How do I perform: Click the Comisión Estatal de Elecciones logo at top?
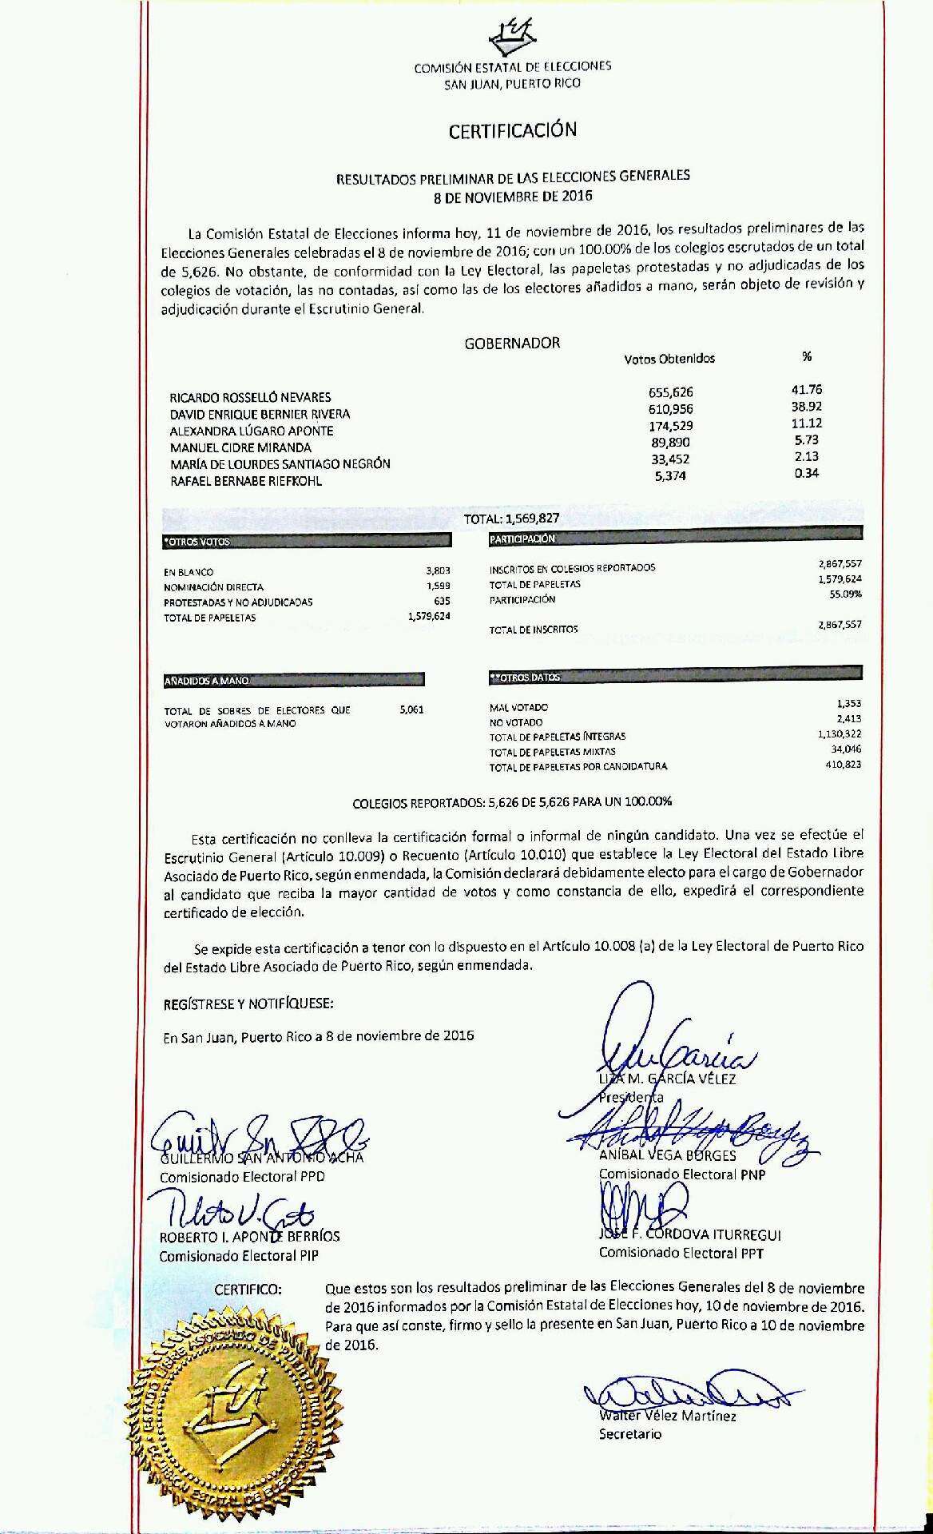[511, 35]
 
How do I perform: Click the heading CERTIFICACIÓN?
[512, 130]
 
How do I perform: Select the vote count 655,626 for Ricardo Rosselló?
[671, 392]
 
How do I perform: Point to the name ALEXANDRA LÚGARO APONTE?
[252, 431]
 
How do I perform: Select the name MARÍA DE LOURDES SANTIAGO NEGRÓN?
[280, 464]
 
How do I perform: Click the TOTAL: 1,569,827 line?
[511, 519]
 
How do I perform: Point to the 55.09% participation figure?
[845, 594]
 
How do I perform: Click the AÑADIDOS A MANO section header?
[207, 682]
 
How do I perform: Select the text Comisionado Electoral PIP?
[239, 1255]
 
